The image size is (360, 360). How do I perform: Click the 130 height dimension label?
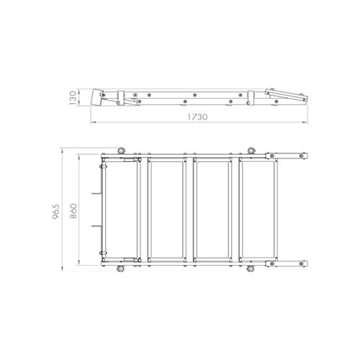(72, 96)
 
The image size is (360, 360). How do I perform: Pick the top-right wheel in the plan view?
(251, 150)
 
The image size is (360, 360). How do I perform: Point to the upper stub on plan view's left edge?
(96, 193)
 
